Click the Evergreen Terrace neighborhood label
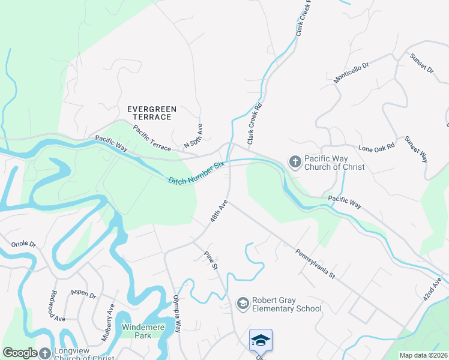pos(152,113)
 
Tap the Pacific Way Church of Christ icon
pos(295,161)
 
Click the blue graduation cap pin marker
pos(261,340)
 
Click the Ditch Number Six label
pos(196,172)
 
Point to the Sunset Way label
pos(417,149)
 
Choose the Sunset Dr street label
pos(421,64)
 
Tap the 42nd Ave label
pos(433,289)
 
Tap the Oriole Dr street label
pos(24,245)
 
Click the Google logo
pos(20,353)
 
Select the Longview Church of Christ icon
pos(45,353)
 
